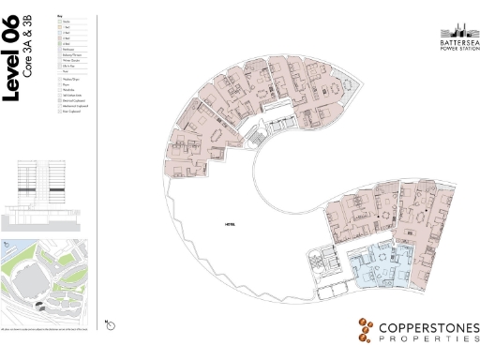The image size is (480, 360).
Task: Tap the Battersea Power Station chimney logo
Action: (x=459, y=27)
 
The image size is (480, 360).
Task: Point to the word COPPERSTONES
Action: (x=427, y=328)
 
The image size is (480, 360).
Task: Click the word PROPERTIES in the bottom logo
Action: (x=427, y=344)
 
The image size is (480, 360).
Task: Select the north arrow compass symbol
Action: (x=111, y=323)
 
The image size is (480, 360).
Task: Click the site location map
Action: (x=41, y=277)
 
